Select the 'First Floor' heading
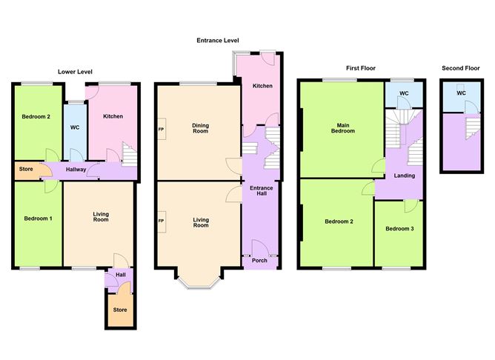click(x=361, y=67)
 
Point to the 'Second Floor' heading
click(x=461, y=67)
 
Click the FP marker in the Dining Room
click(x=161, y=130)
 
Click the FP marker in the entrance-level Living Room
click(x=161, y=221)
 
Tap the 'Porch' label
click(x=260, y=259)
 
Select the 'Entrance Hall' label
click(x=260, y=192)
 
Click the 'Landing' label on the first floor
click(x=404, y=176)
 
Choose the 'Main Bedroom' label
click(x=342, y=127)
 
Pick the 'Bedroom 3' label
click(x=400, y=229)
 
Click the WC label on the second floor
click(x=461, y=94)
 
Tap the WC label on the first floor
click(x=404, y=93)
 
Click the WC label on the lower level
click(x=75, y=127)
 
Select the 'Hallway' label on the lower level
click(x=76, y=170)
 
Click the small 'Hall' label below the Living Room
click(x=120, y=274)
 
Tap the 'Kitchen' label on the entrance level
click(x=262, y=86)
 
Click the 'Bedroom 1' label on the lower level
click(x=36, y=218)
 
